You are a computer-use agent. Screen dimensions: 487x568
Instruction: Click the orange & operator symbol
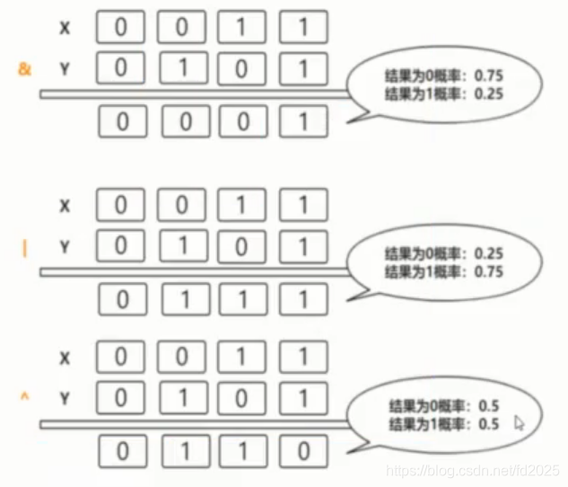click(x=24, y=66)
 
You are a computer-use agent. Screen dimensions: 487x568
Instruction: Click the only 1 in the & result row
click(x=301, y=121)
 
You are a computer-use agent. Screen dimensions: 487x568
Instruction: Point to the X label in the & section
click(x=65, y=29)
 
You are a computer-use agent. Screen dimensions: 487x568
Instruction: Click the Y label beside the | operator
click(x=65, y=245)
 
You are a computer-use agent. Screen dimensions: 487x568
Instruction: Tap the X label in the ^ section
click(x=65, y=359)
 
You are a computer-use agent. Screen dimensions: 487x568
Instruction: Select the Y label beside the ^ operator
click(x=65, y=396)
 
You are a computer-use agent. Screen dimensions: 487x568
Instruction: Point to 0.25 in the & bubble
click(x=490, y=93)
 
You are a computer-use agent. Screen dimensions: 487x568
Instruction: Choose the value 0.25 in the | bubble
click(x=488, y=253)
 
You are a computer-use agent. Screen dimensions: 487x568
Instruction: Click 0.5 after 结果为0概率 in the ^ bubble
click(x=489, y=406)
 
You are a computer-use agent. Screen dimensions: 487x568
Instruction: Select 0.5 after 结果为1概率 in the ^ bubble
click(x=489, y=423)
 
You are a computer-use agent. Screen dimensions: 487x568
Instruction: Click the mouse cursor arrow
click(x=520, y=422)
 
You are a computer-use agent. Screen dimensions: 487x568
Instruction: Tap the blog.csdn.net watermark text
click(x=472, y=469)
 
